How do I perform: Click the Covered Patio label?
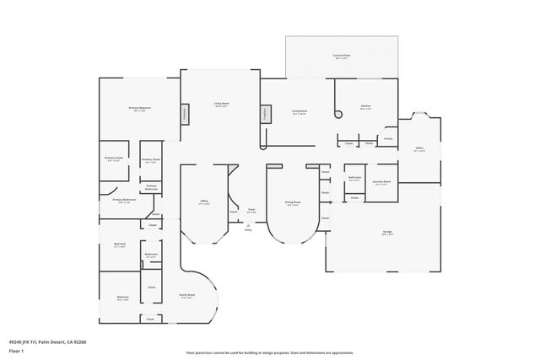point(343,56)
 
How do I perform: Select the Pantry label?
point(388,138)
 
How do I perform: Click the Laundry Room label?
point(381,182)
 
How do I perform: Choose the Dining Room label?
point(293,203)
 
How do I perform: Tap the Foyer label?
point(251,211)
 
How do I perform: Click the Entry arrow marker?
point(248,228)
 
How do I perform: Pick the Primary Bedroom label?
point(140,109)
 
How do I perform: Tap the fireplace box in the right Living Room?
point(267,114)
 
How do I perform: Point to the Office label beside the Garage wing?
point(419,148)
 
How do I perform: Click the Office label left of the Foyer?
point(204,202)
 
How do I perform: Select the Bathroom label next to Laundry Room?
point(355,178)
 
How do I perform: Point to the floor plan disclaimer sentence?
point(269,353)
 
